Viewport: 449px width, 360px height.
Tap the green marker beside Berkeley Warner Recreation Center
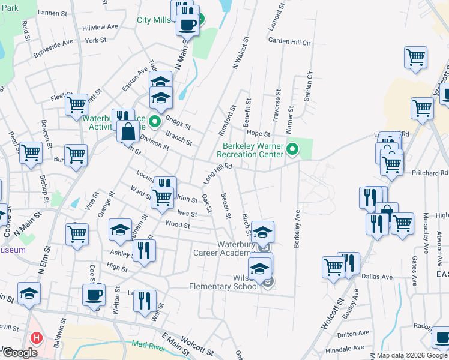(x=292, y=149)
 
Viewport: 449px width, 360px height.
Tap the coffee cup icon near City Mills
(x=188, y=25)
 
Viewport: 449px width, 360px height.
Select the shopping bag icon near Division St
(x=128, y=131)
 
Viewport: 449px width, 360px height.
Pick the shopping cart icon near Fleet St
(x=77, y=104)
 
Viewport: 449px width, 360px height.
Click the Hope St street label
(x=255, y=133)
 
